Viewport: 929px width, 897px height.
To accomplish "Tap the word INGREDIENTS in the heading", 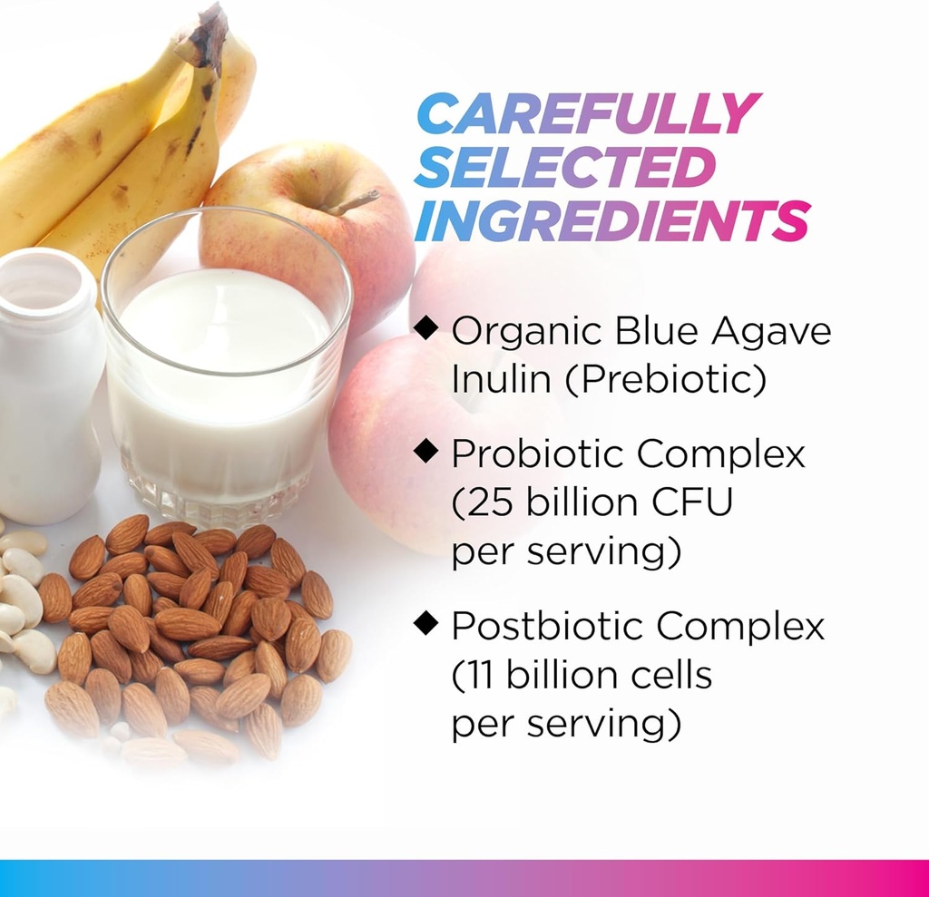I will pyautogui.click(x=610, y=220).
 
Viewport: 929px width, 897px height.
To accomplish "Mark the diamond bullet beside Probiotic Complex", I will pyautogui.click(x=426, y=449).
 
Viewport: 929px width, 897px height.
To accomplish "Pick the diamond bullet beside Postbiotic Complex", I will pyautogui.click(x=426, y=622).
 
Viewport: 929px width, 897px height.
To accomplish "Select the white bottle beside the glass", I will pyautogui.click(x=45, y=390).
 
